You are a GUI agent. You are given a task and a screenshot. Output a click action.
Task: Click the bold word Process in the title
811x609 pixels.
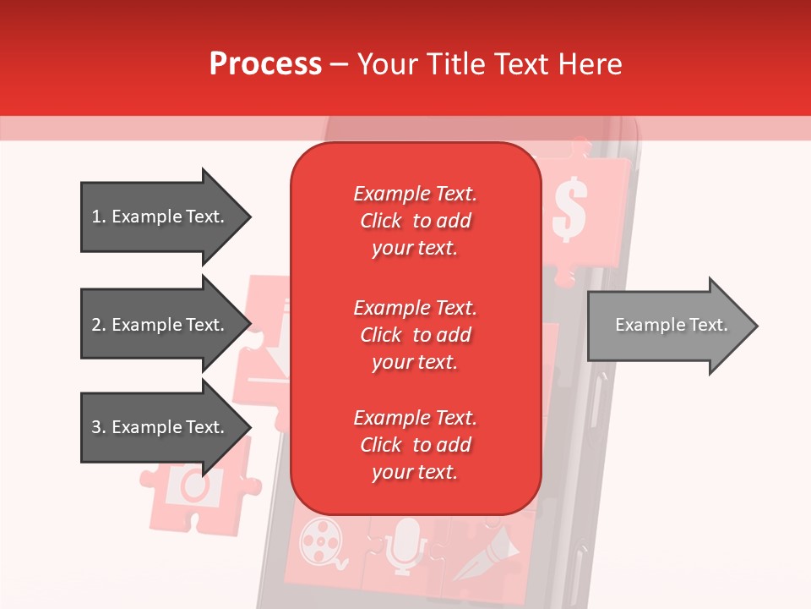point(265,64)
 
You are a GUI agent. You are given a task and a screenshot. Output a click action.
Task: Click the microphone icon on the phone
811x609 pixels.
point(407,541)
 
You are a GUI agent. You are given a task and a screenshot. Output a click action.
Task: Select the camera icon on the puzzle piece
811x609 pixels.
point(194,486)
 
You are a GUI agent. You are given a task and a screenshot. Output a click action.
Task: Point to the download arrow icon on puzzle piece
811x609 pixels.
point(275,355)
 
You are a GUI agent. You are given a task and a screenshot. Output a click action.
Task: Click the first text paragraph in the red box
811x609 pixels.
point(415,221)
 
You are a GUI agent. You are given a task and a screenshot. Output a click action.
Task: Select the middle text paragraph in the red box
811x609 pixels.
point(415,334)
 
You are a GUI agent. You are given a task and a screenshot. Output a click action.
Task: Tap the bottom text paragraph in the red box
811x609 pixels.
point(415,445)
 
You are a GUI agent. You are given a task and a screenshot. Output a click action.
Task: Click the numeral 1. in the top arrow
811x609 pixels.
point(98,217)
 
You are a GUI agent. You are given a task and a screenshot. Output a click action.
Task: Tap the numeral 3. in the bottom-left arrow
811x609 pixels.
point(98,427)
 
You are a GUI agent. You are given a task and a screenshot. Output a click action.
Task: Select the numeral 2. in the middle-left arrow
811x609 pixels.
point(98,325)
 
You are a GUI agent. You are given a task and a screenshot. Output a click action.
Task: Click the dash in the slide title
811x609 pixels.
point(339,65)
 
